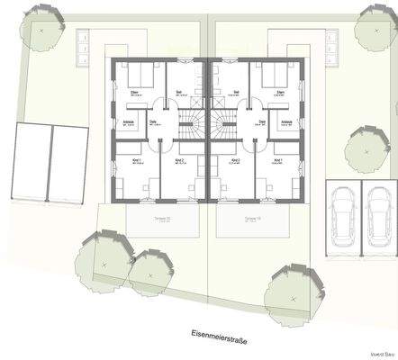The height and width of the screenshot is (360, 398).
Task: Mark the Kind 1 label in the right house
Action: pyautogui.click(x=277, y=160)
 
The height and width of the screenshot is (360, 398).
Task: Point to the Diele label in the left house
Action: pyautogui.click(x=153, y=122)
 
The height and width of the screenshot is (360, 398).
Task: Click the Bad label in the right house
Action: pyautogui.click(x=235, y=91)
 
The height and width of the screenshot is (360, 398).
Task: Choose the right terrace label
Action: pyautogui.click(x=250, y=218)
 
